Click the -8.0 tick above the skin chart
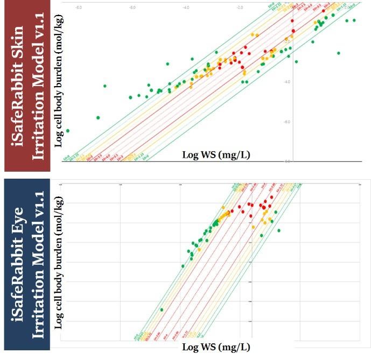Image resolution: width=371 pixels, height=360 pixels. [x=79, y=8]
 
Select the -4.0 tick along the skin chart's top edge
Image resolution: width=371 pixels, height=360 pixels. [x=186, y=8]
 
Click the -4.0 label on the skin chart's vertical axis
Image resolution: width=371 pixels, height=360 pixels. [x=287, y=82]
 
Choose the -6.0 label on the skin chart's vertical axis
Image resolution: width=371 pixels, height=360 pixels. [x=287, y=122]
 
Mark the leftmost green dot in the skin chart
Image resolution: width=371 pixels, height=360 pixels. [x=67, y=131]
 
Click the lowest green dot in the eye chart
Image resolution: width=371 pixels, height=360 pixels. [x=162, y=309]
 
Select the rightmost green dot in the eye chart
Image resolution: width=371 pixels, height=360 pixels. [x=279, y=230]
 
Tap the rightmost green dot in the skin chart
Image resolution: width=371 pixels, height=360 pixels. [x=354, y=20]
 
